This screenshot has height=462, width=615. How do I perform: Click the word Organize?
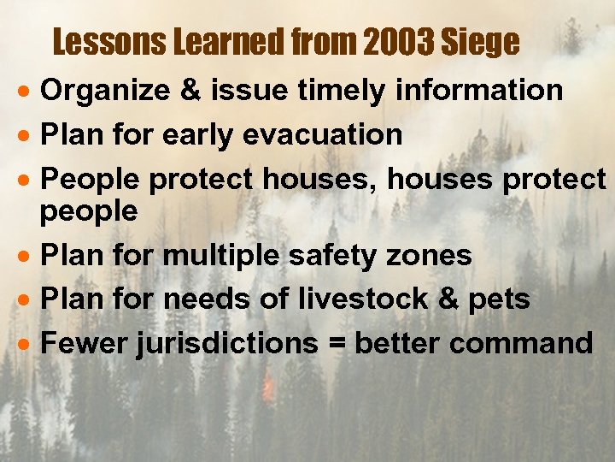101,91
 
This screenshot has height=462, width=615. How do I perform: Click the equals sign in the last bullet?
337,344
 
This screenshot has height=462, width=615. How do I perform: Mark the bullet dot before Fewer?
29,345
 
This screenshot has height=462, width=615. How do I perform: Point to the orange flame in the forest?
269,391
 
